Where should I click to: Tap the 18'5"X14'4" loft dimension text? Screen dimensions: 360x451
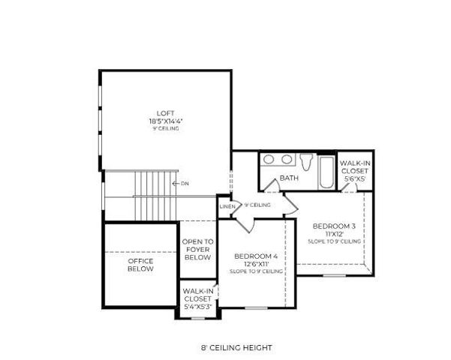click(165, 120)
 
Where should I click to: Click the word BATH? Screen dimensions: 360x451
click(289, 178)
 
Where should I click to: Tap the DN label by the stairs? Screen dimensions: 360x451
click(184, 183)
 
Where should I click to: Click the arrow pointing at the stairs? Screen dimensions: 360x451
click(174, 183)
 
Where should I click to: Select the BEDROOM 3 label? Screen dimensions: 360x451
click(333, 226)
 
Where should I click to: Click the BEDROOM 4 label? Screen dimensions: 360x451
click(256, 256)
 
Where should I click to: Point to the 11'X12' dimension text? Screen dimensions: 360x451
click(333, 234)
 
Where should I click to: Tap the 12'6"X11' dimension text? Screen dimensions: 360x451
click(256, 264)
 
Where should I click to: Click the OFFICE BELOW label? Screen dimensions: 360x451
click(140, 265)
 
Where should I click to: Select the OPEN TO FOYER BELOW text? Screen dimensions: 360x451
click(198, 250)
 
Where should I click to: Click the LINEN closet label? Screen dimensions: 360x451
click(227, 206)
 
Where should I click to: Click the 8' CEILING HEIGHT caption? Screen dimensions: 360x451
click(236, 348)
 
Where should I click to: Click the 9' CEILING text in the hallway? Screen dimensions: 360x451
click(257, 205)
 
